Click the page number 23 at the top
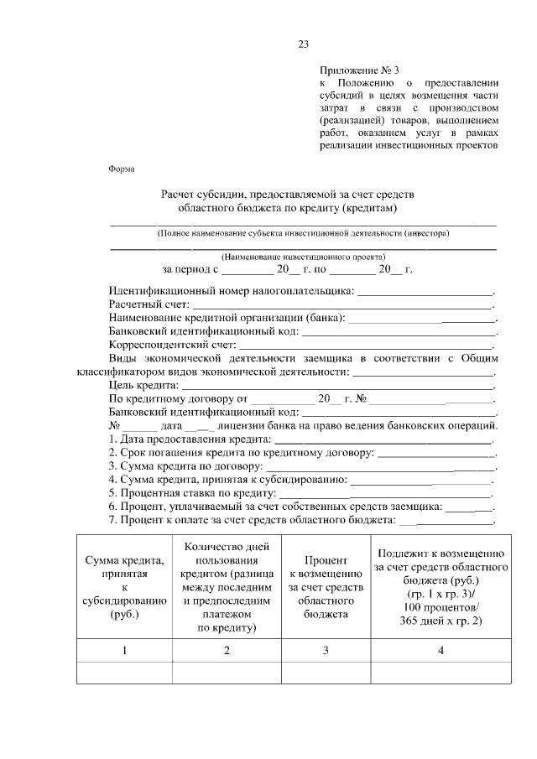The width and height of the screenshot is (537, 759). pos(304,44)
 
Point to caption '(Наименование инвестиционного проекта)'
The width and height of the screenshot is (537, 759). pos(303,257)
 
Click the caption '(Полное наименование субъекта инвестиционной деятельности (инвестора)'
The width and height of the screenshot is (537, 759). pos(303,233)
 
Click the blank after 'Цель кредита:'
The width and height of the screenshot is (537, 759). pos(336,384)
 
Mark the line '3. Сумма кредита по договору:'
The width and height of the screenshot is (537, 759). pos(185,467)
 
